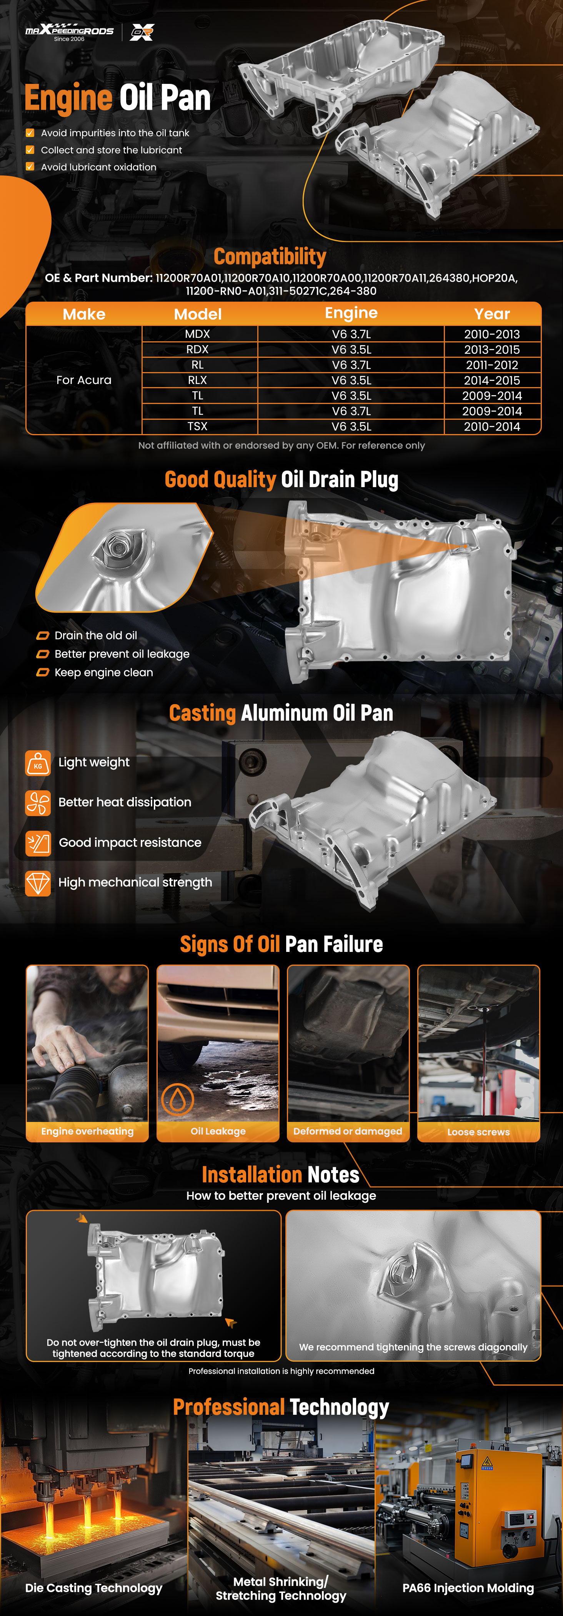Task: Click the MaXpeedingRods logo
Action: [x=69, y=32]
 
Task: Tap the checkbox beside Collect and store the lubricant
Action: [x=30, y=150]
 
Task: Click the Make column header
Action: [x=84, y=314]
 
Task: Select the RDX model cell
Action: [x=198, y=349]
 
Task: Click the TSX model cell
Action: [x=198, y=427]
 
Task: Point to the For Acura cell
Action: [x=84, y=380]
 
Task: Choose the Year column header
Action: [x=492, y=314]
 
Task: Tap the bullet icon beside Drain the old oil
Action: [x=43, y=636]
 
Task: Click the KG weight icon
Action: [x=38, y=763]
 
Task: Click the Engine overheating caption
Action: [x=87, y=1131]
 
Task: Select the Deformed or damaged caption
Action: [x=348, y=1131]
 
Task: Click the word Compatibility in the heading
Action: [x=270, y=257]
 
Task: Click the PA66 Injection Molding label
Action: [x=468, y=1588]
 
